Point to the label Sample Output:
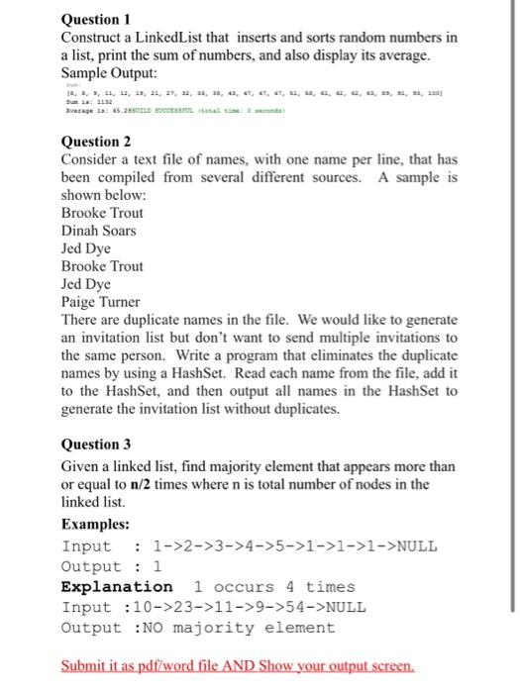click(115, 73)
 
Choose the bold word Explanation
click(117, 587)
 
